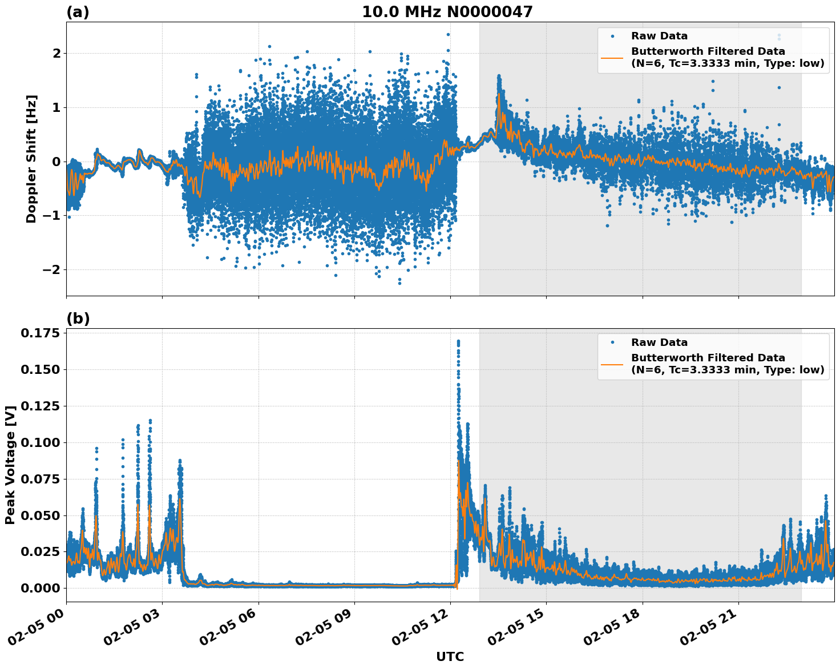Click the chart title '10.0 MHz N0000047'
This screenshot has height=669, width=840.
click(447, 12)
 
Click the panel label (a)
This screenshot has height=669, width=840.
click(78, 12)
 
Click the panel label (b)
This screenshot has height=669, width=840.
click(78, 319)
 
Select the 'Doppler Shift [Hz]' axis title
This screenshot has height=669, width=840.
click(31, 159)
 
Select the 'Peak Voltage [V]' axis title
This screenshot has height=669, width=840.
click(10, 465)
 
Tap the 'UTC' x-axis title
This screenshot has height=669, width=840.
click(450, 656)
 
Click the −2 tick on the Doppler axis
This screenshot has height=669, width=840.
click(52, 269)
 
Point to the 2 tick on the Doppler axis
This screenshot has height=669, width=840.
click(56, 53)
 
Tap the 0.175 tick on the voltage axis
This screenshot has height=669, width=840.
click(39, 333)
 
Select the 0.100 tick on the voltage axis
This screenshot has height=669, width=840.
click(39, 442)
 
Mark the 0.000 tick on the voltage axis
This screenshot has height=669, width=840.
click(39, 588)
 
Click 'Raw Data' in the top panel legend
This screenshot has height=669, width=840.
click(659, 36)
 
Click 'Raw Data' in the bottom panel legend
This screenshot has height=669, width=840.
click(659, 342)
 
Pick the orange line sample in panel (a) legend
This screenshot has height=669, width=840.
click(612, 57)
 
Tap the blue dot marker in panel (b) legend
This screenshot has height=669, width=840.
click(612, 342)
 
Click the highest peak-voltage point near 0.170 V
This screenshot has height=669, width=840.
click(458, 341)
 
